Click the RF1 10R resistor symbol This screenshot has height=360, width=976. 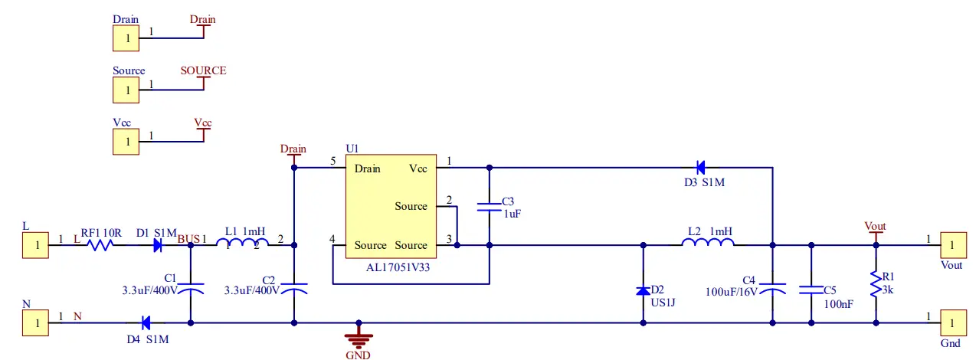[x=100, y=245]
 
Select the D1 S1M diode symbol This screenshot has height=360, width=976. [x=158, y=245]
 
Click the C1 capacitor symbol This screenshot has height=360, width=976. [x=190, y=289]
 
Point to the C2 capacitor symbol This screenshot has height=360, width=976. [x=293, y=289]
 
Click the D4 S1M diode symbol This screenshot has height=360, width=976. [x=145, y=322]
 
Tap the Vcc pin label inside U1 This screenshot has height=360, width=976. [x=418, y=168]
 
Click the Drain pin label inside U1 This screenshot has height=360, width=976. [x=368, y=168]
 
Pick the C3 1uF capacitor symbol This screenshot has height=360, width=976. [x=489, y=206]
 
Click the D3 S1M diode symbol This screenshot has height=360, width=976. [x=699, y=167]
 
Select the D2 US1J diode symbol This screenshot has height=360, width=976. [x=643, y=290]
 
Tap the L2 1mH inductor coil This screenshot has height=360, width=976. [x=708, y=244]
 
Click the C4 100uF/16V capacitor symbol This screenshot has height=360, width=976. [x=771, y=289]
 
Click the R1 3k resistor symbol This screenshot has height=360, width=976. [x=875, y=285]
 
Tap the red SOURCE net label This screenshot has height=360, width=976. [x=203, y=70]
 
